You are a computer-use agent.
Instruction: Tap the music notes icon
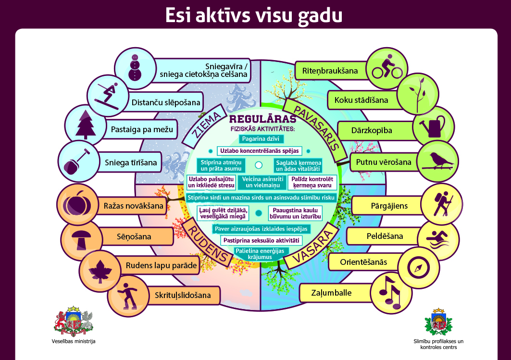pos(391,291)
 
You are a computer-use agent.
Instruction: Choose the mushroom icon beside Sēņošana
pos(81,237)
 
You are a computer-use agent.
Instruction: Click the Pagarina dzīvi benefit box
pos(259,139)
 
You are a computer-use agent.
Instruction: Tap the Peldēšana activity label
pos(384,236)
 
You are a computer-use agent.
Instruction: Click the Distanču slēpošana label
pos(165,102)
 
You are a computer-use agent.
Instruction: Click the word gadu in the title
pos(316,15)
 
